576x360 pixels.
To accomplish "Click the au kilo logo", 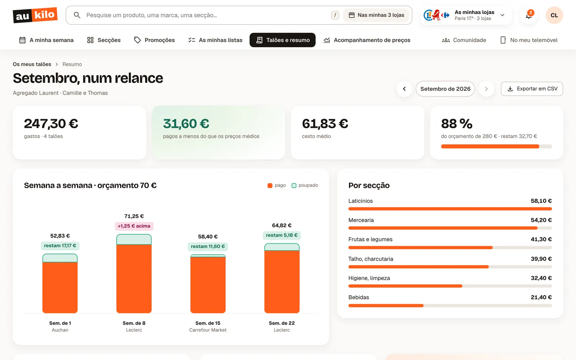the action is [35, 15].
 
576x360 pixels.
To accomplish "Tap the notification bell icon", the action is [529, 15].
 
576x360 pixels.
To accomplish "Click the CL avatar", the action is [554, 15].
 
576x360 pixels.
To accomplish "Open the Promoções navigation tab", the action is [154, 40].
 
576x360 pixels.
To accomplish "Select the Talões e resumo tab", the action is [282, 40].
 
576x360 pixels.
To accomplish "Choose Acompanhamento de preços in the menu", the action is [367, 40].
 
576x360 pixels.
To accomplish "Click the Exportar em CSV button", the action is [532, 89].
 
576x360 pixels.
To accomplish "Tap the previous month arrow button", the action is [404, 89].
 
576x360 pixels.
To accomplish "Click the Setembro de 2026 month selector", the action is [445, 89].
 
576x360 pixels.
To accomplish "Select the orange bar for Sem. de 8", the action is [134, 279].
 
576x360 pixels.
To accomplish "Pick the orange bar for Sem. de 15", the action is [208, 285].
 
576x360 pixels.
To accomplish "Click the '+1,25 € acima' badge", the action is [134, 226].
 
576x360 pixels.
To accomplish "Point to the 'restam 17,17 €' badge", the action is [60, 246].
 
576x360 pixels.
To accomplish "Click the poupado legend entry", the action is [305, 185].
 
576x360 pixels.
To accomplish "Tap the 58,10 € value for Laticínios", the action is [541, 201].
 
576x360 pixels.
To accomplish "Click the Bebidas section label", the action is [359, 297].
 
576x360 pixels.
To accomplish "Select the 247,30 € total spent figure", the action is [51, 123].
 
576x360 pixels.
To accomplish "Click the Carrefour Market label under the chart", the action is [208, 330].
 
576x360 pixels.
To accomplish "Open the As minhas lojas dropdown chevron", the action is [502, 15].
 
